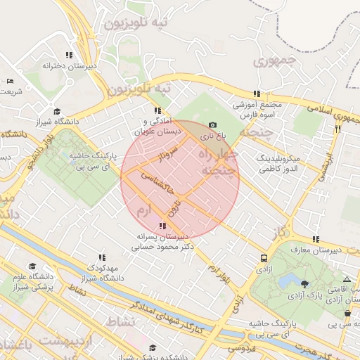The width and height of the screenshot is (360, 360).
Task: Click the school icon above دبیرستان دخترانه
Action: pyautogui.click(x=69, y=55)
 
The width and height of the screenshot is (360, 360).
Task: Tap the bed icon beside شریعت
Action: pyautogui.click(x=8, y=82)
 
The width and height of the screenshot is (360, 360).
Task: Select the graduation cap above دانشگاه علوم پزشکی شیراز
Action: pyautogui.click(x=32, y=266)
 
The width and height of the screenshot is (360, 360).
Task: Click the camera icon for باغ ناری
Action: pyautogui.click(x=212, y=125)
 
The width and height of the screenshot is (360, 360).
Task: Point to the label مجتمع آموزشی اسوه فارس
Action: pyautogui.click(x=257, y=109)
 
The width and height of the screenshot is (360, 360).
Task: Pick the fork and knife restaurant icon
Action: pyautogui.click(x=338, y=129)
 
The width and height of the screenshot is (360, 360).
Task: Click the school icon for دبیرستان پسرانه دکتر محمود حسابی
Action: pyautogui.click(x=163, y=226)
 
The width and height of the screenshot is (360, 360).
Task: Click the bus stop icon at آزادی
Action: pyautogui.click(x=264, y=258)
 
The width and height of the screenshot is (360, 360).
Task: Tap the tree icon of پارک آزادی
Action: pyautogui.click(x=304, y=285)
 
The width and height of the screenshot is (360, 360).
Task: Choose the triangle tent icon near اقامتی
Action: pyautogui.click(x=346, y=280)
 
